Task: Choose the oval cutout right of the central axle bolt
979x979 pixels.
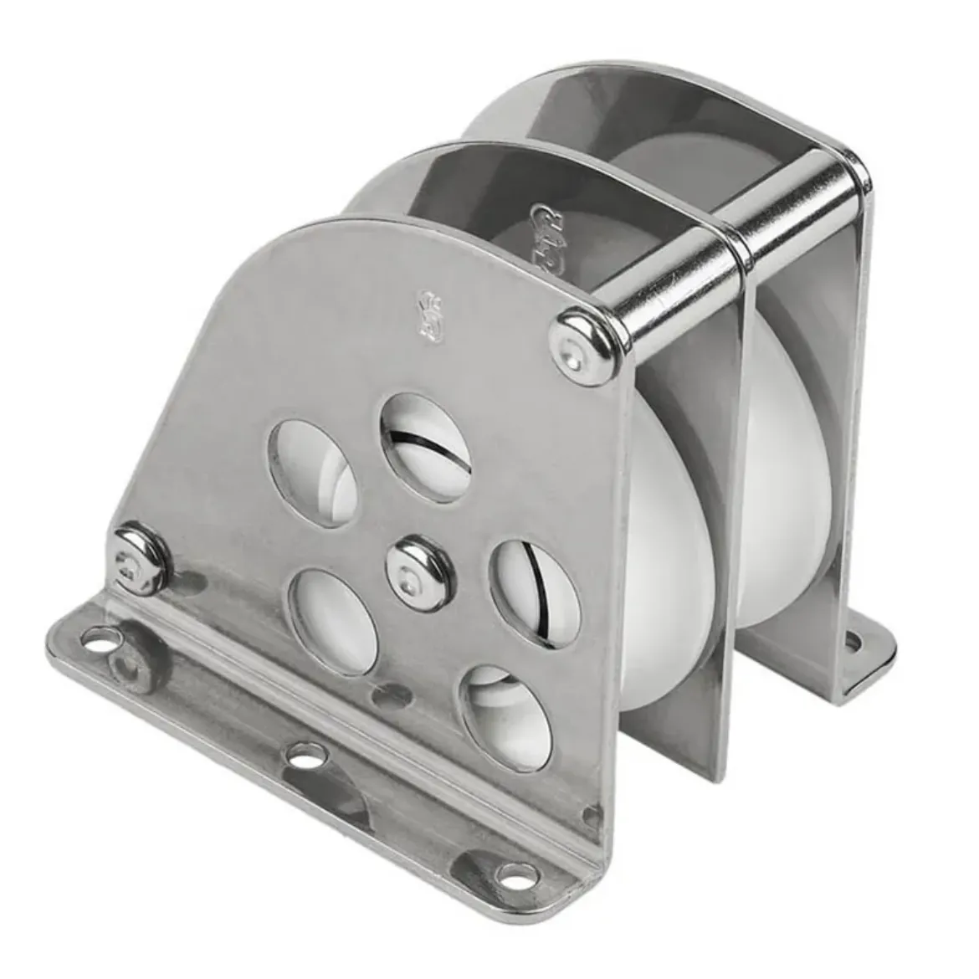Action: click(527, 594)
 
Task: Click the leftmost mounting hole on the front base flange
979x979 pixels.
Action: click(103, 643)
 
